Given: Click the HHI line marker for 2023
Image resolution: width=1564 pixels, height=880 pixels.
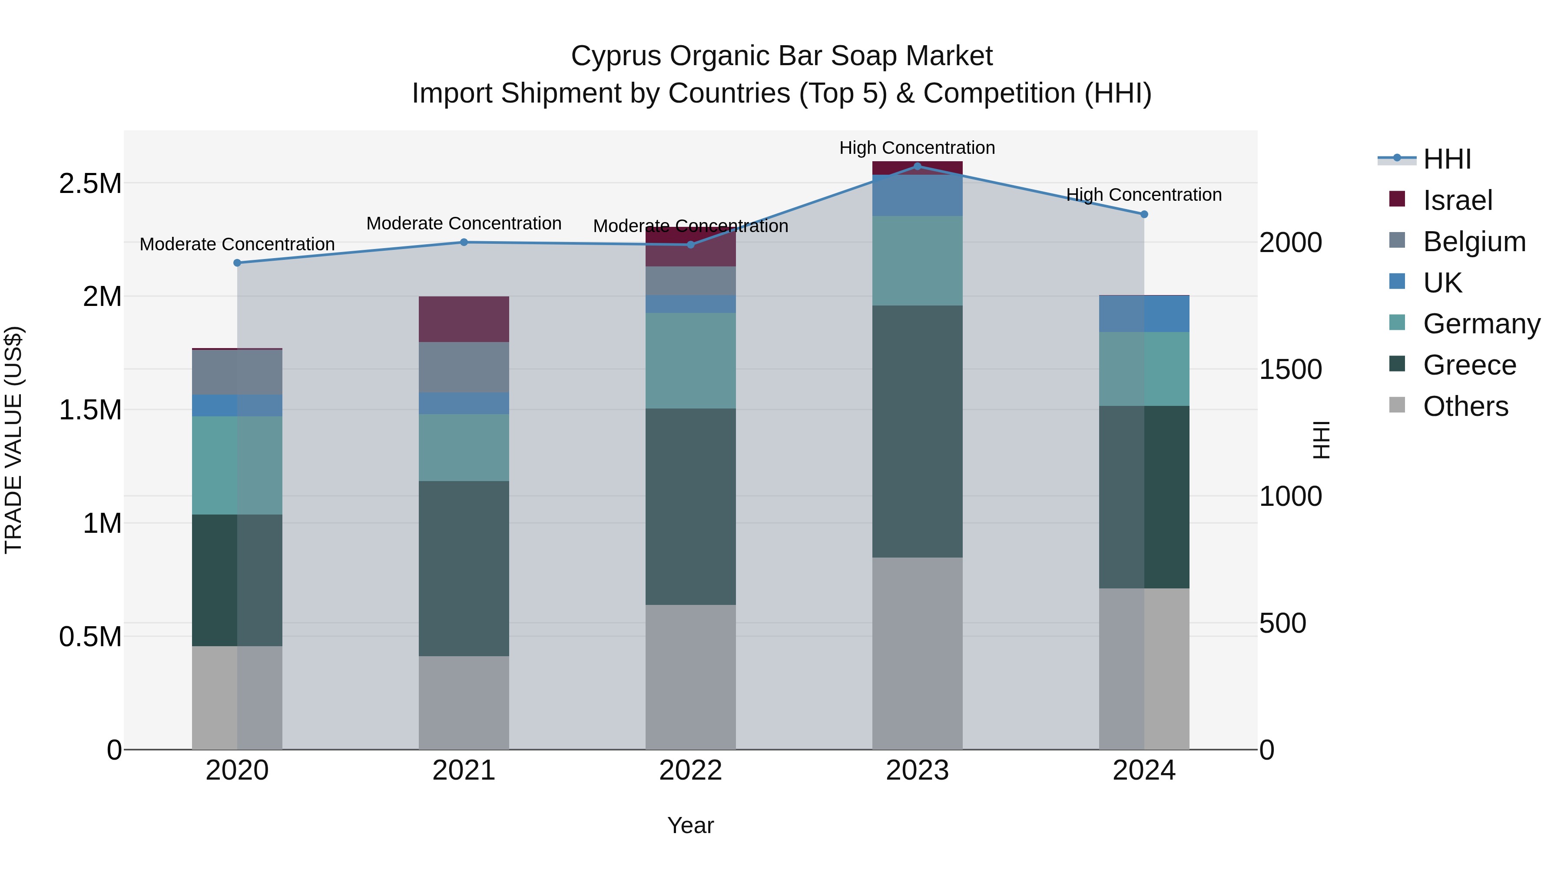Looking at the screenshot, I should pos(917,166).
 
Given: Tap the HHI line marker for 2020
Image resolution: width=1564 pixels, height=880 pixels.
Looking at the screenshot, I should pos(237,263).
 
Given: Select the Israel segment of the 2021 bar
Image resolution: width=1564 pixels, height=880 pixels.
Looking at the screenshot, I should pos(464,319).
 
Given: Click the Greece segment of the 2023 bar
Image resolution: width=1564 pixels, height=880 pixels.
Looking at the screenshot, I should pos(917,431).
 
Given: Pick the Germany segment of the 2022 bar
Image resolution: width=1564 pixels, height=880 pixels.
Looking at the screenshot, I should pos(690,360).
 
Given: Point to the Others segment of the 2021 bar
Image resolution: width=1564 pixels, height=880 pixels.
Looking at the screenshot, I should pos(464,702).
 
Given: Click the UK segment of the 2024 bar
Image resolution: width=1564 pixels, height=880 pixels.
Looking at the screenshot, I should pos(1144,314).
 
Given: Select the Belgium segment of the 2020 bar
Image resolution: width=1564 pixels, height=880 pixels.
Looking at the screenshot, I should pos(237,372).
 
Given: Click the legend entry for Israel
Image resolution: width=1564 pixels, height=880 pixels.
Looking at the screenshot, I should pos(1457,200).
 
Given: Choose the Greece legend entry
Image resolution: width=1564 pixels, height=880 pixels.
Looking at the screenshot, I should pos(1469,365).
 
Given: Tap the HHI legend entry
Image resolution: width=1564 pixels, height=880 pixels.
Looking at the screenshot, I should pos(1447,159).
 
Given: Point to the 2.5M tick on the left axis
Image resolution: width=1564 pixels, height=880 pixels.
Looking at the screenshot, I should pos(90,183).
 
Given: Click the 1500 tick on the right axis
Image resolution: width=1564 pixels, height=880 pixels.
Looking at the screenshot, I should pos(1290,369).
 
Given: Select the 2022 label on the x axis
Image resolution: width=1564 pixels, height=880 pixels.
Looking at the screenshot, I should pos(690,770).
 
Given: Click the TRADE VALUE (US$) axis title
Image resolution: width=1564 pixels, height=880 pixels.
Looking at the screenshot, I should pos(14,440).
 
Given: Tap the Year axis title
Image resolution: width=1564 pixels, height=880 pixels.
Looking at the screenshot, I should pos(690,825).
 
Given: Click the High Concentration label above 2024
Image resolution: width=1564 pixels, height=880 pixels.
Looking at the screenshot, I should pos(1144,195).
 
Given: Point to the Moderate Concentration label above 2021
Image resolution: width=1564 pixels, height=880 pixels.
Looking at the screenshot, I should pos(464,223).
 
